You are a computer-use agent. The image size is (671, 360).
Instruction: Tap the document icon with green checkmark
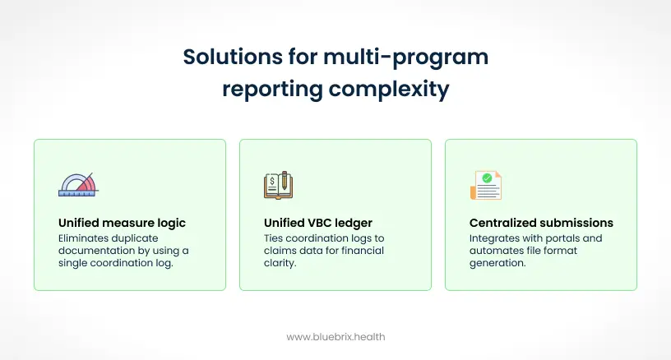point(486,185)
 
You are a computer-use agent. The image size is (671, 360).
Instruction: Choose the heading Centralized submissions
point(541,223)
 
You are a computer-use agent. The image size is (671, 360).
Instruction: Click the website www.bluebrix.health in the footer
point(335,336)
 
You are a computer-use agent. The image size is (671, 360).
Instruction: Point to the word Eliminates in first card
point(86,238)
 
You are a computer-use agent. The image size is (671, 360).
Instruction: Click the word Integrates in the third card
point(496,238)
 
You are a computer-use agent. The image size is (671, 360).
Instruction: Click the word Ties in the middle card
point(275,238)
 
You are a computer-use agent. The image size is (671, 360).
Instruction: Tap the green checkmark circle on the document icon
point(488,177)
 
